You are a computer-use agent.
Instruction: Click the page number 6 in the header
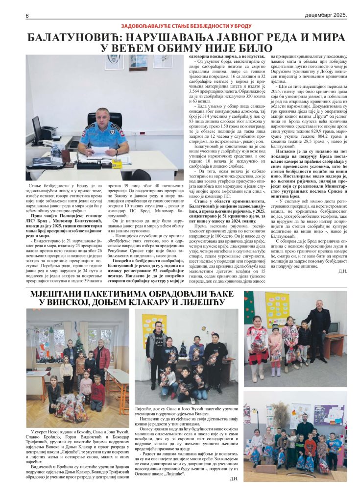click(27, 16)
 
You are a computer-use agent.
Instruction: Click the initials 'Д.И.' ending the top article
click(342, 271)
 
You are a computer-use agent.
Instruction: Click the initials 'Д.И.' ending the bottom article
click(233, 478)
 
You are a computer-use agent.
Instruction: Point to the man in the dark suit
click(321, 326)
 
